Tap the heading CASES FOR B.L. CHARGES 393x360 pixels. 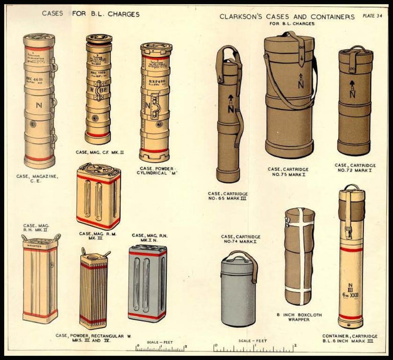coord(91,14)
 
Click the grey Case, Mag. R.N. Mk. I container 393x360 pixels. coord(147,283)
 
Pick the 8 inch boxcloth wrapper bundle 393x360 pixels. coord(299,256)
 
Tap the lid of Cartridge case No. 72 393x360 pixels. coord(356,56)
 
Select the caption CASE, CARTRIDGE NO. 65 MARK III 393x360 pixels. coord(228,197)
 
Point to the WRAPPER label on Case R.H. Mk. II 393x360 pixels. coord(39,245)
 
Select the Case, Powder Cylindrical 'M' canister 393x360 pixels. coord(156,100)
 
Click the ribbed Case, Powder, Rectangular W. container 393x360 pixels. coord(94,290)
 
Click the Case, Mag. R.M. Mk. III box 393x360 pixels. coord(99,197)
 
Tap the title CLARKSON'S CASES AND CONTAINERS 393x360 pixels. coord(287,16)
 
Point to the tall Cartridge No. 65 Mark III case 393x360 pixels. coord(228,115)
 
